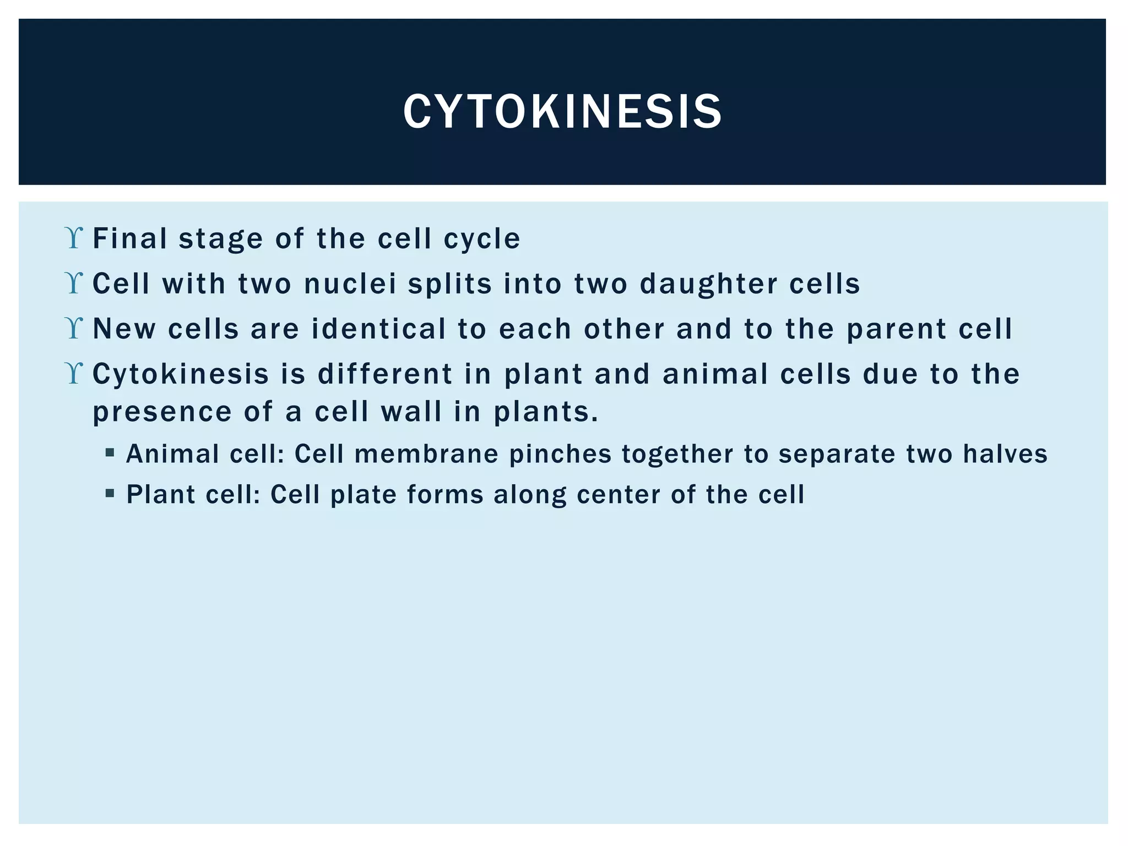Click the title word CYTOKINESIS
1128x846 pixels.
[x=562, y=112]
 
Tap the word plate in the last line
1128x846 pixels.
[x=364, y=495]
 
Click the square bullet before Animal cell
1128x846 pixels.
[x=110, y=453]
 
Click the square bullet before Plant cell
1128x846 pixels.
[x=110, y=493]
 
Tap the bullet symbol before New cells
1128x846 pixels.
[x=74, y=329]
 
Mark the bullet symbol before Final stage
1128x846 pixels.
[x=74, y=238]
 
